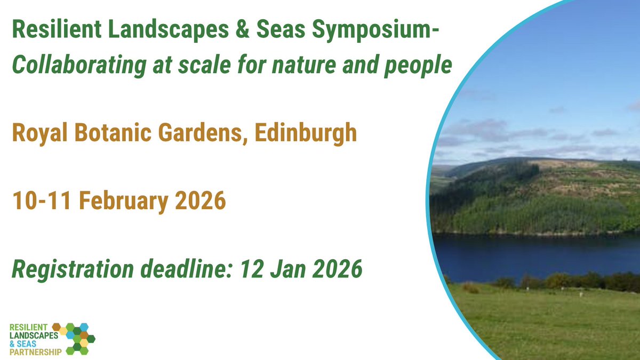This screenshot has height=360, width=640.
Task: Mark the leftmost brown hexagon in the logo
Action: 57,326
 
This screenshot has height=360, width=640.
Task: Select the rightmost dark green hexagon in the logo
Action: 91,338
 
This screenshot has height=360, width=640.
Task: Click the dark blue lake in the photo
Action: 533,253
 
